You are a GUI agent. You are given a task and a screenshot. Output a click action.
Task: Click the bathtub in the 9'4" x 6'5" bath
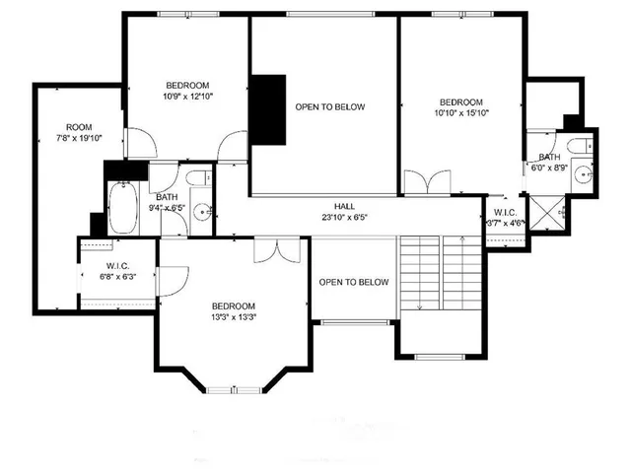[123, 206]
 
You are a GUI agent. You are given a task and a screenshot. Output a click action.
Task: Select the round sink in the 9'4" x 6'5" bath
[201, 210]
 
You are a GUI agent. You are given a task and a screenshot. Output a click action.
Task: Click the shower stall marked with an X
[545, 210]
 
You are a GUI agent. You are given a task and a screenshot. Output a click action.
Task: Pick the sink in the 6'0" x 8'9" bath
[587, 174]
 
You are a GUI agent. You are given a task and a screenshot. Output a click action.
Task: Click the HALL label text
[344, 207]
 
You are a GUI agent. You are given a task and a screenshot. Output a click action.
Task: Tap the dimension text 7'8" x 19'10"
[79, 139]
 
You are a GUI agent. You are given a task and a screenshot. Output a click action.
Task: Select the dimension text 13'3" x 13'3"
[235, 317]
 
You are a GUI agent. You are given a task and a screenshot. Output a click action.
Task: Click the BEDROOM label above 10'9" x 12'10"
[186, 85]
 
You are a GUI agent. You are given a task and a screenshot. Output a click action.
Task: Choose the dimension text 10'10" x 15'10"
[461, 113]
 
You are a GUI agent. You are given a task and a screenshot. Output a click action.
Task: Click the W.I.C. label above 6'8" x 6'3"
[118, 266]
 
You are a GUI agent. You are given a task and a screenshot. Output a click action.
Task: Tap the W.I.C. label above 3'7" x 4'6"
[503, 212]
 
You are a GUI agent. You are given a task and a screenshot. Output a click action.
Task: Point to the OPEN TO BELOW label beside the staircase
[353, 283]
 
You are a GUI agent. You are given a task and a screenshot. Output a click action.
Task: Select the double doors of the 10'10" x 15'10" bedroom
[426, 183]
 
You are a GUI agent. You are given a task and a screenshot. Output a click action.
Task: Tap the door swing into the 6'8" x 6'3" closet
[168, 279]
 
